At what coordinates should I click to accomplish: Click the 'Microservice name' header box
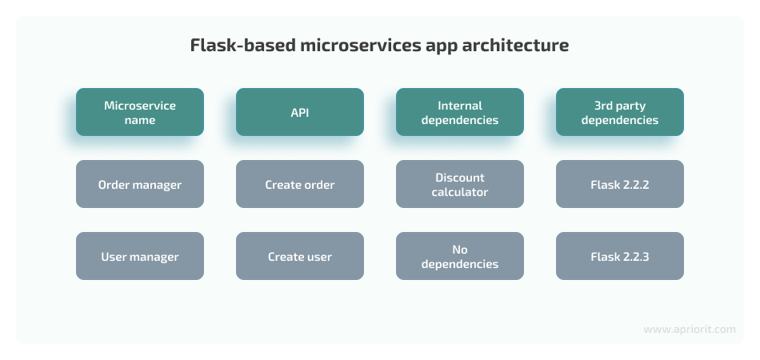139,112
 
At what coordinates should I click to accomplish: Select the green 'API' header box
299,112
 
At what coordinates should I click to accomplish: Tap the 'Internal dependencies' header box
459,112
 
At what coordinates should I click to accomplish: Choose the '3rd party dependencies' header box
619,112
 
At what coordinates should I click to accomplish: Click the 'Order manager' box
139,184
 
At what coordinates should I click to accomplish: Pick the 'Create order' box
299,184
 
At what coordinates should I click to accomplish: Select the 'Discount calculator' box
459,184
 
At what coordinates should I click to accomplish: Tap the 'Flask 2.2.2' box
619,184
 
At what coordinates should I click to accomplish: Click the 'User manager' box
139,256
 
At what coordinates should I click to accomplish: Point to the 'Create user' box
299,256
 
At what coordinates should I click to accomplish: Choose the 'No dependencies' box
459,256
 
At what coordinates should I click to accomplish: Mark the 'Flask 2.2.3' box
619,256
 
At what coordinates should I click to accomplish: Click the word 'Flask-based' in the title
242,45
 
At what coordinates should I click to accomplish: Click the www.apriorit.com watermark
690,330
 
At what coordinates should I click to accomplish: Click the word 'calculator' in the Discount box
459,192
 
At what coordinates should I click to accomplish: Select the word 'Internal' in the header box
459,105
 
